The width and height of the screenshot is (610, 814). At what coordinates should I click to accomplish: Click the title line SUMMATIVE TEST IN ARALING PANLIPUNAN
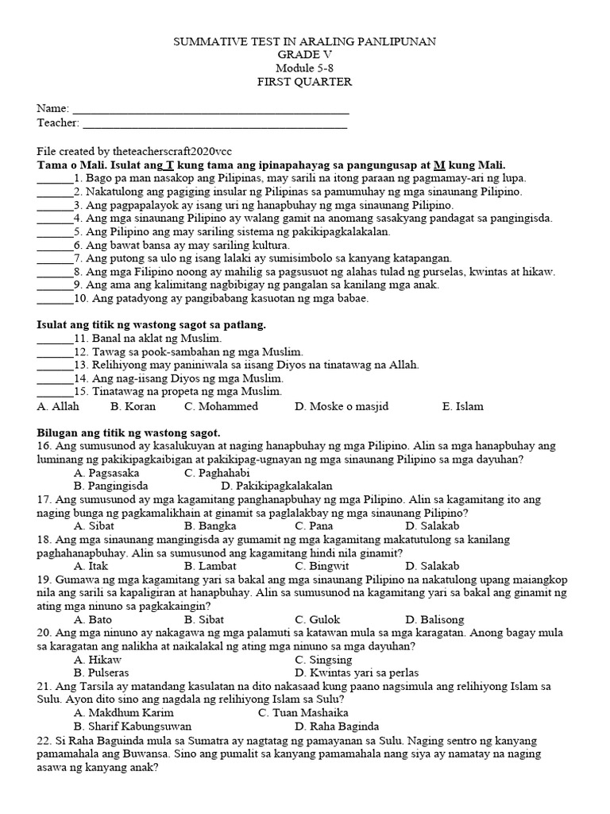[304, 41]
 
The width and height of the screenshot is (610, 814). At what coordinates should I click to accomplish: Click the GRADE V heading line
[304, 55]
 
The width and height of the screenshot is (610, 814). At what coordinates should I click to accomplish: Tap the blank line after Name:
[210, 110]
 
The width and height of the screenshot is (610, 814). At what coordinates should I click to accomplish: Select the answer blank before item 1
[54, 179]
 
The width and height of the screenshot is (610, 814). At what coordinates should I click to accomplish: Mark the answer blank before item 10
[54, 300]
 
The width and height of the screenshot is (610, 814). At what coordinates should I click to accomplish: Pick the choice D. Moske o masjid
[342, 406]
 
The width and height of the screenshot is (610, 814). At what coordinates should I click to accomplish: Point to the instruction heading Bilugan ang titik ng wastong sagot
[129, 432]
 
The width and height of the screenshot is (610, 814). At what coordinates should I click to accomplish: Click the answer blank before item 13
[54, 365]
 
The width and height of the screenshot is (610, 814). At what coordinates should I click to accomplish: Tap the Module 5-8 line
[304, 68]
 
